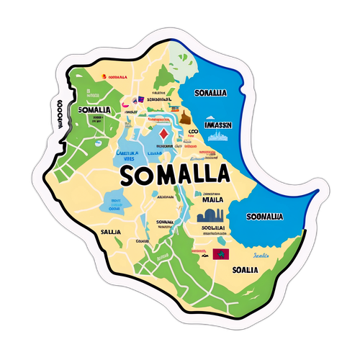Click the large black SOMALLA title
click(x=176, y=175)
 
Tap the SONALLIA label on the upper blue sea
click(x=210, y=93)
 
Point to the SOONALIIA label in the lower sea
click(x=264, y=216)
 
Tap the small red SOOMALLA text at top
click(x=116, y=76)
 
